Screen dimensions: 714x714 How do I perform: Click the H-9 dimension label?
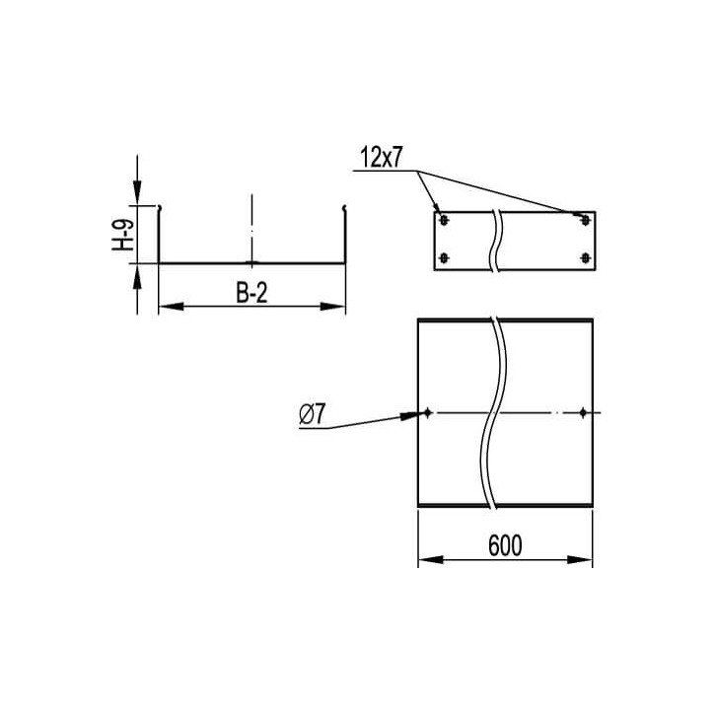tap(123, 235)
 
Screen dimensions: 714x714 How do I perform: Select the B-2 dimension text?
tap(251, 293)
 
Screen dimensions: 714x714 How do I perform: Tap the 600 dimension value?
tap(505, 545)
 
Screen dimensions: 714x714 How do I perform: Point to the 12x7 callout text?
tap(381, 157)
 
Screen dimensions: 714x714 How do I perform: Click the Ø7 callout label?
tap(313, 414)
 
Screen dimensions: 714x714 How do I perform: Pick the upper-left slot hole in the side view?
tap(444, 221)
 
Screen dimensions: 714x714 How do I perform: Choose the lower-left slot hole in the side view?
tap(444, 258)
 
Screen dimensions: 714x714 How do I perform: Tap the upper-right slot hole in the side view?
tap(585, 221)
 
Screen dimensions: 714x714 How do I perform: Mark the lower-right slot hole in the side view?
tap(585, 258)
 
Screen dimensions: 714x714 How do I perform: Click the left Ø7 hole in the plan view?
tap(427, 413)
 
